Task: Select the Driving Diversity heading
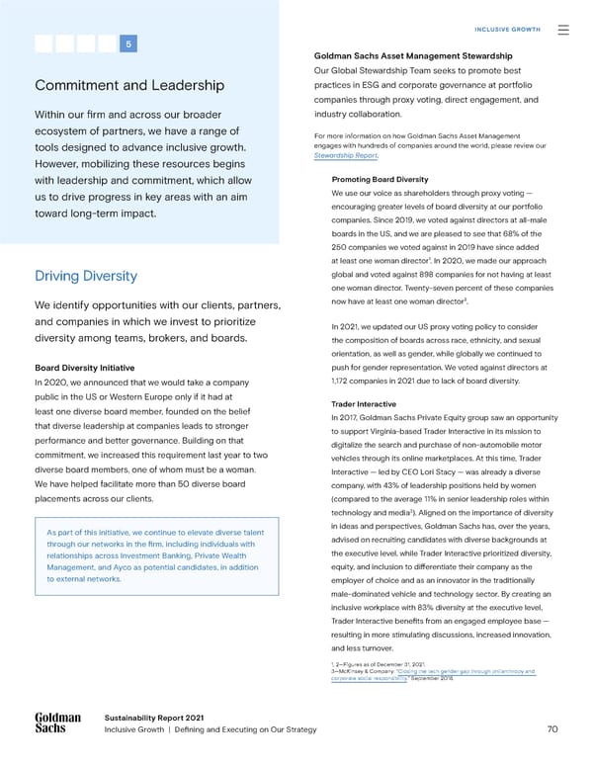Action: (x=85, y=276)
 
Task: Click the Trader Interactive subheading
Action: (x=363, y=403)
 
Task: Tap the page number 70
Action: (x=553, y=729)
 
